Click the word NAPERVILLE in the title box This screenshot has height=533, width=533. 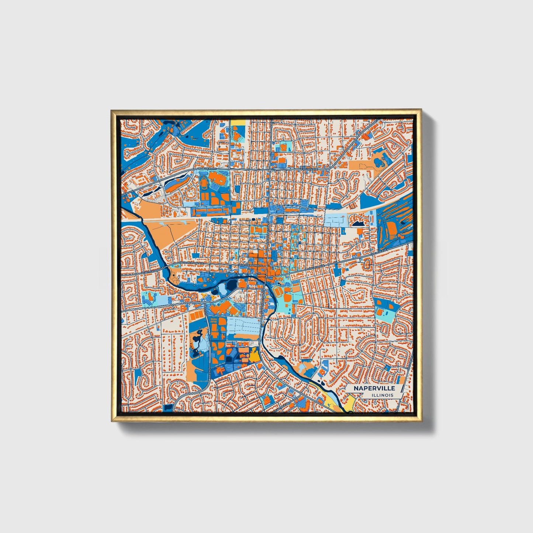tap(374, 388)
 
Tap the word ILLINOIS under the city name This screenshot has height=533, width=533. tap(383, 395)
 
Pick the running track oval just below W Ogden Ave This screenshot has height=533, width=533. tap(204, 182)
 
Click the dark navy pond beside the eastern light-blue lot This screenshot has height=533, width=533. tap(358, 223)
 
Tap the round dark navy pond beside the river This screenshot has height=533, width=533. tap(232, 284)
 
